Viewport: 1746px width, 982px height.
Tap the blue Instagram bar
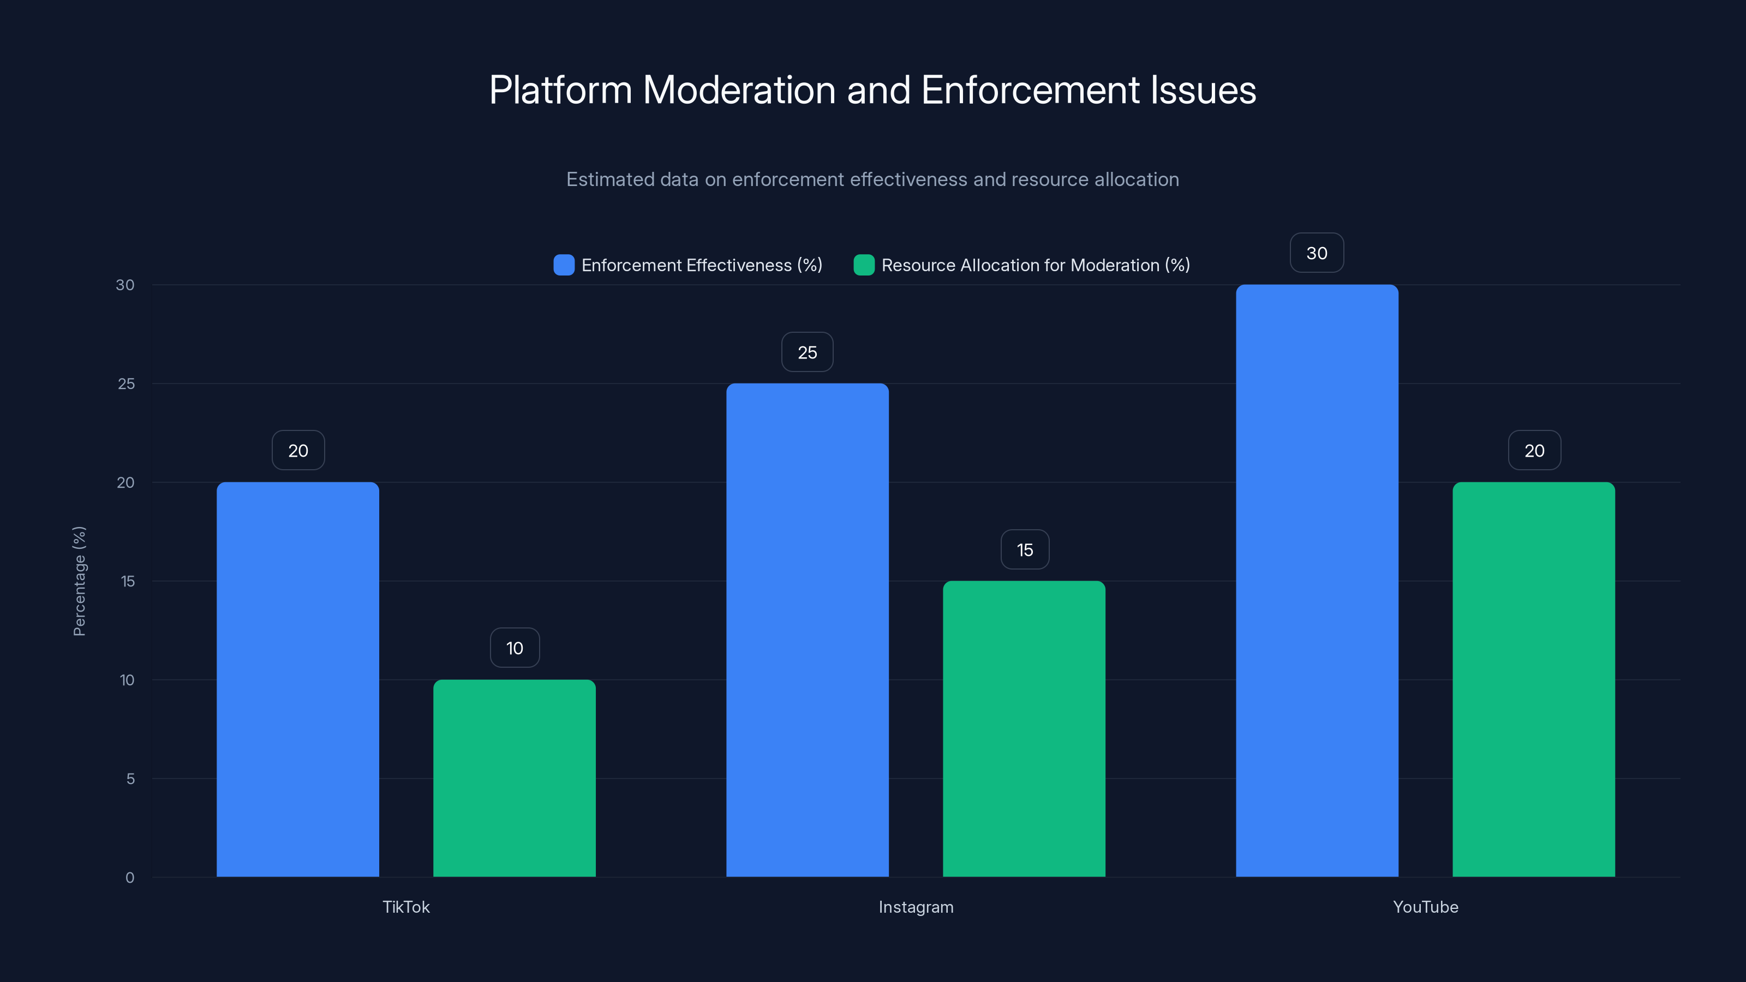808,630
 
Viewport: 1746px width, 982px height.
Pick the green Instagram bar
1024,728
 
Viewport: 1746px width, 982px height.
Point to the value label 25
808,352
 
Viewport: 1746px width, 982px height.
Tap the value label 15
1025,549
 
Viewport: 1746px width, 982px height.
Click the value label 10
515,648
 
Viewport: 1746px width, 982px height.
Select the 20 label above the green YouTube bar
1534,451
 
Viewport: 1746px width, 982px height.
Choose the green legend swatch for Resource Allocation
864,265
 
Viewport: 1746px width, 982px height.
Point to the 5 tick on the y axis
130,779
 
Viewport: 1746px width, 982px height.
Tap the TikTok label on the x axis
406,907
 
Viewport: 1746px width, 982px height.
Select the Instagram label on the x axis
916,907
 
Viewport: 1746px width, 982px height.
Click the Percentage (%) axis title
79,581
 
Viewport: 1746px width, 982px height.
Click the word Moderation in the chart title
739,90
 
